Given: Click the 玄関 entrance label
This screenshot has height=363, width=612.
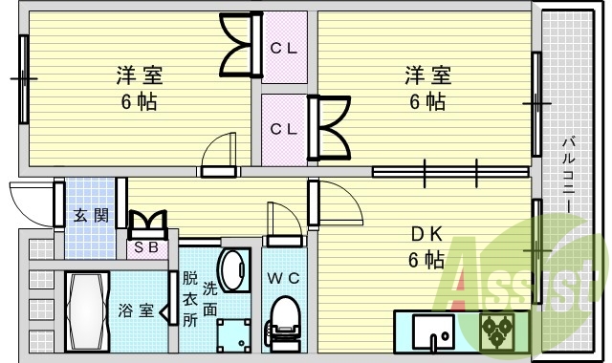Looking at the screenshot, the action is pos(89,214).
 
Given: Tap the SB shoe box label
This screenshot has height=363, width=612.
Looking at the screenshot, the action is pos(146,247).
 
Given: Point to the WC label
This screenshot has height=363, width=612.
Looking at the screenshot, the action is pos(282,278).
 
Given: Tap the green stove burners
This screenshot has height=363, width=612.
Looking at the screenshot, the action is pos(497,331).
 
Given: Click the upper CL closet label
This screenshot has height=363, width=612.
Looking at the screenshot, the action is pos(283,47).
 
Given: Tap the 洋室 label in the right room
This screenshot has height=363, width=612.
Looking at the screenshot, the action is pos(426,75).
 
